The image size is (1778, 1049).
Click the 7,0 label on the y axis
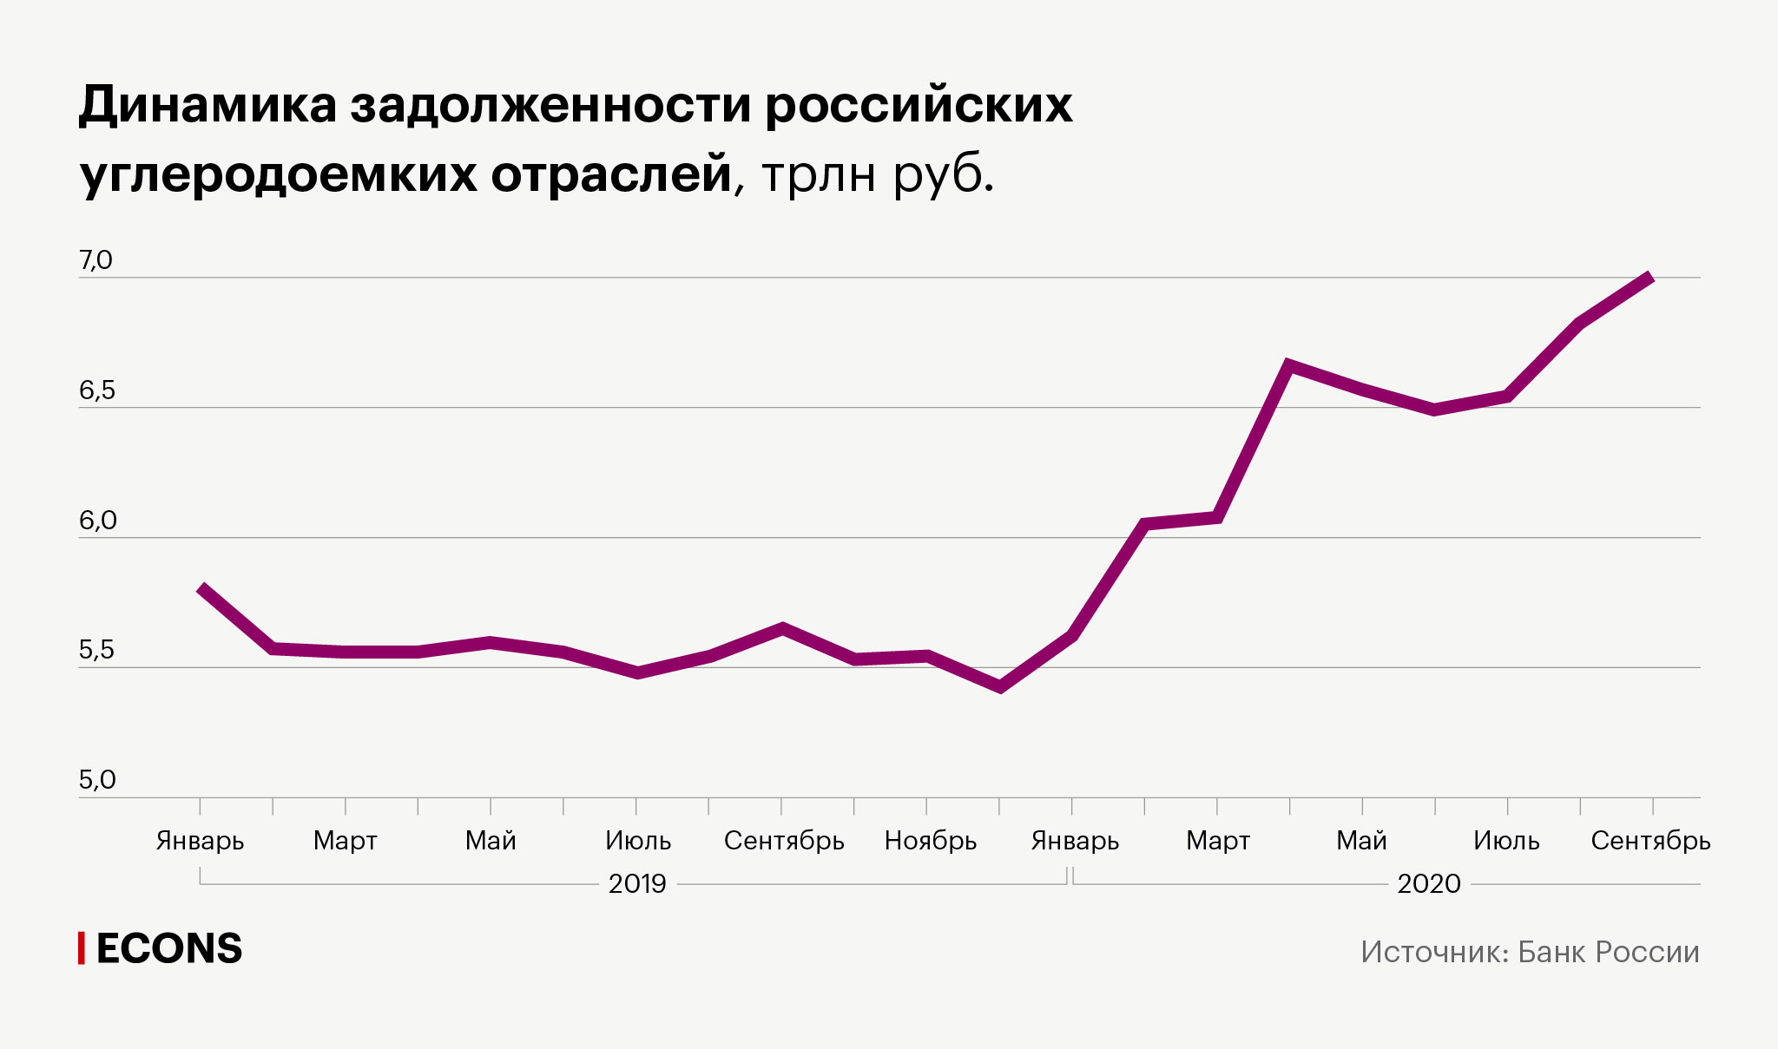pyautogui.click(x=95, y=260)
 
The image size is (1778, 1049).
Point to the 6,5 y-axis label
pyautogui.click(x=96, y=390)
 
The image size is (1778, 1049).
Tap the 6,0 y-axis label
pyautogui.click(x=97, y=521)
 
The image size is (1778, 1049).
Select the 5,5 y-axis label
pyautogui.click(x=96, y=650)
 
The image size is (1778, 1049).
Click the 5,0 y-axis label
pyautogui.click(x=96, y=780)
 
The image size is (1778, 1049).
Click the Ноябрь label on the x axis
pyautogui.click(x=930, y=841)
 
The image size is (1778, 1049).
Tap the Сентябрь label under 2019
pyautogui.click(x=784, y=841)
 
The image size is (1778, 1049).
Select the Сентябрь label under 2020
pyautogui.click(x=1650, y=841)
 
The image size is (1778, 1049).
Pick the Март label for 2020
pyautogui.click(x=1218, y=841)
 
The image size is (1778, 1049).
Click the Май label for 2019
pyautogui.click(x=491, y=841)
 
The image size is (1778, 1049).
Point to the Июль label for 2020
pyautogui.click(x=1506, y=841)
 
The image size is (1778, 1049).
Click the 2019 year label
pyautogui.click(x=636, y=884)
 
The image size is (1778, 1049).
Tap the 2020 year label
pyautogui.click(x=1428, y=884)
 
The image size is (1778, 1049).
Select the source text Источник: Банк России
pyautogui.click(x=1530, y=952)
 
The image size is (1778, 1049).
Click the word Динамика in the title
pyautogui.click(x=207, y=105)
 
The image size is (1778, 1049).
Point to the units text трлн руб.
pyautogui.click(x=877, y=174)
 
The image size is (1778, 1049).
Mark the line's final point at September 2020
pyautogui.click(x=1651, y=278)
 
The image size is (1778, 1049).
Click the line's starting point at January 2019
pyautogui.click(x=201, y=588)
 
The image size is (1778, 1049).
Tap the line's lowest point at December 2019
pyautogui.click(x=1000, y=688)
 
